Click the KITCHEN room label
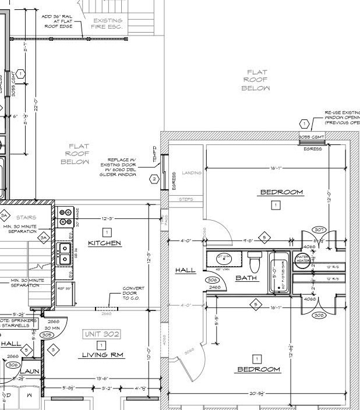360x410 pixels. tap(104, 243)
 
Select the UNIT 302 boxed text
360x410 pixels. tap(102, 334)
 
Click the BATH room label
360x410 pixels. tap(246, 278)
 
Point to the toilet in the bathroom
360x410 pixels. tap(254, 258)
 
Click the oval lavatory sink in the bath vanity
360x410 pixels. tap(223, 258)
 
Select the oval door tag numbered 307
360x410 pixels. tap(319, 230)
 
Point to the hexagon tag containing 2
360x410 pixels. tap(154, 179)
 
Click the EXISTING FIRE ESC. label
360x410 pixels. tap(107, 23)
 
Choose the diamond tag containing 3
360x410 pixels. tap(52, 349)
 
